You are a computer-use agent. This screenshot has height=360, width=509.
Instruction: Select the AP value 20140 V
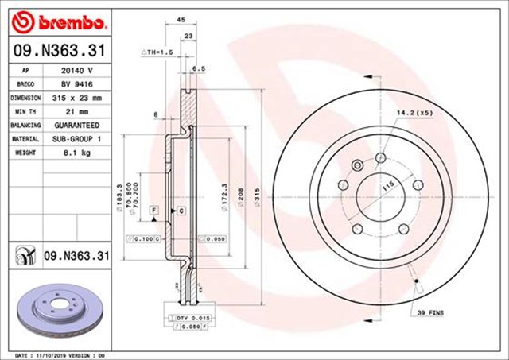76,70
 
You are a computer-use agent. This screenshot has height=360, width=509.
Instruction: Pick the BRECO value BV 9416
76,83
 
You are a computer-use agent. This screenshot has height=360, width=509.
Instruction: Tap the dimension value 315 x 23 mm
76,97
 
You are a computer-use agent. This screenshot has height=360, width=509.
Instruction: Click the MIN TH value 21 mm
76,111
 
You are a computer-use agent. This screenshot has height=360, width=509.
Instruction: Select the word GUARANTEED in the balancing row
76,126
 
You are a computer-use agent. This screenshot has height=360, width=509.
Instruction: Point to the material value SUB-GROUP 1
76,139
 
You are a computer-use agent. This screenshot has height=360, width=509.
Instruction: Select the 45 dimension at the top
181,21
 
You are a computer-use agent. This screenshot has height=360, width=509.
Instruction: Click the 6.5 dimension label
200,69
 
